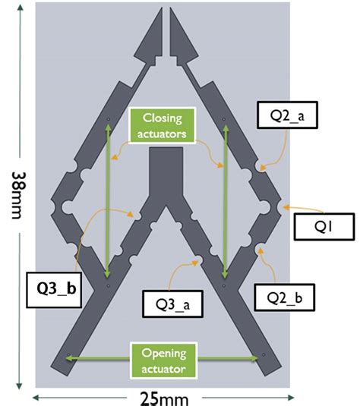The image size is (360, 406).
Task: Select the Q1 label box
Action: (x=320, y=224)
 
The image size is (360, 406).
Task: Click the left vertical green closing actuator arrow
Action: (x=108, y=201)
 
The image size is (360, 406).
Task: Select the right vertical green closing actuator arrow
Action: (x=225, y=201)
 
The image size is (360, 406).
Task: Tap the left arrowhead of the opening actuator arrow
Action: (x=69, y=356)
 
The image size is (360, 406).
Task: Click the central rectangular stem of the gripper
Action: (x=164, y=171)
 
